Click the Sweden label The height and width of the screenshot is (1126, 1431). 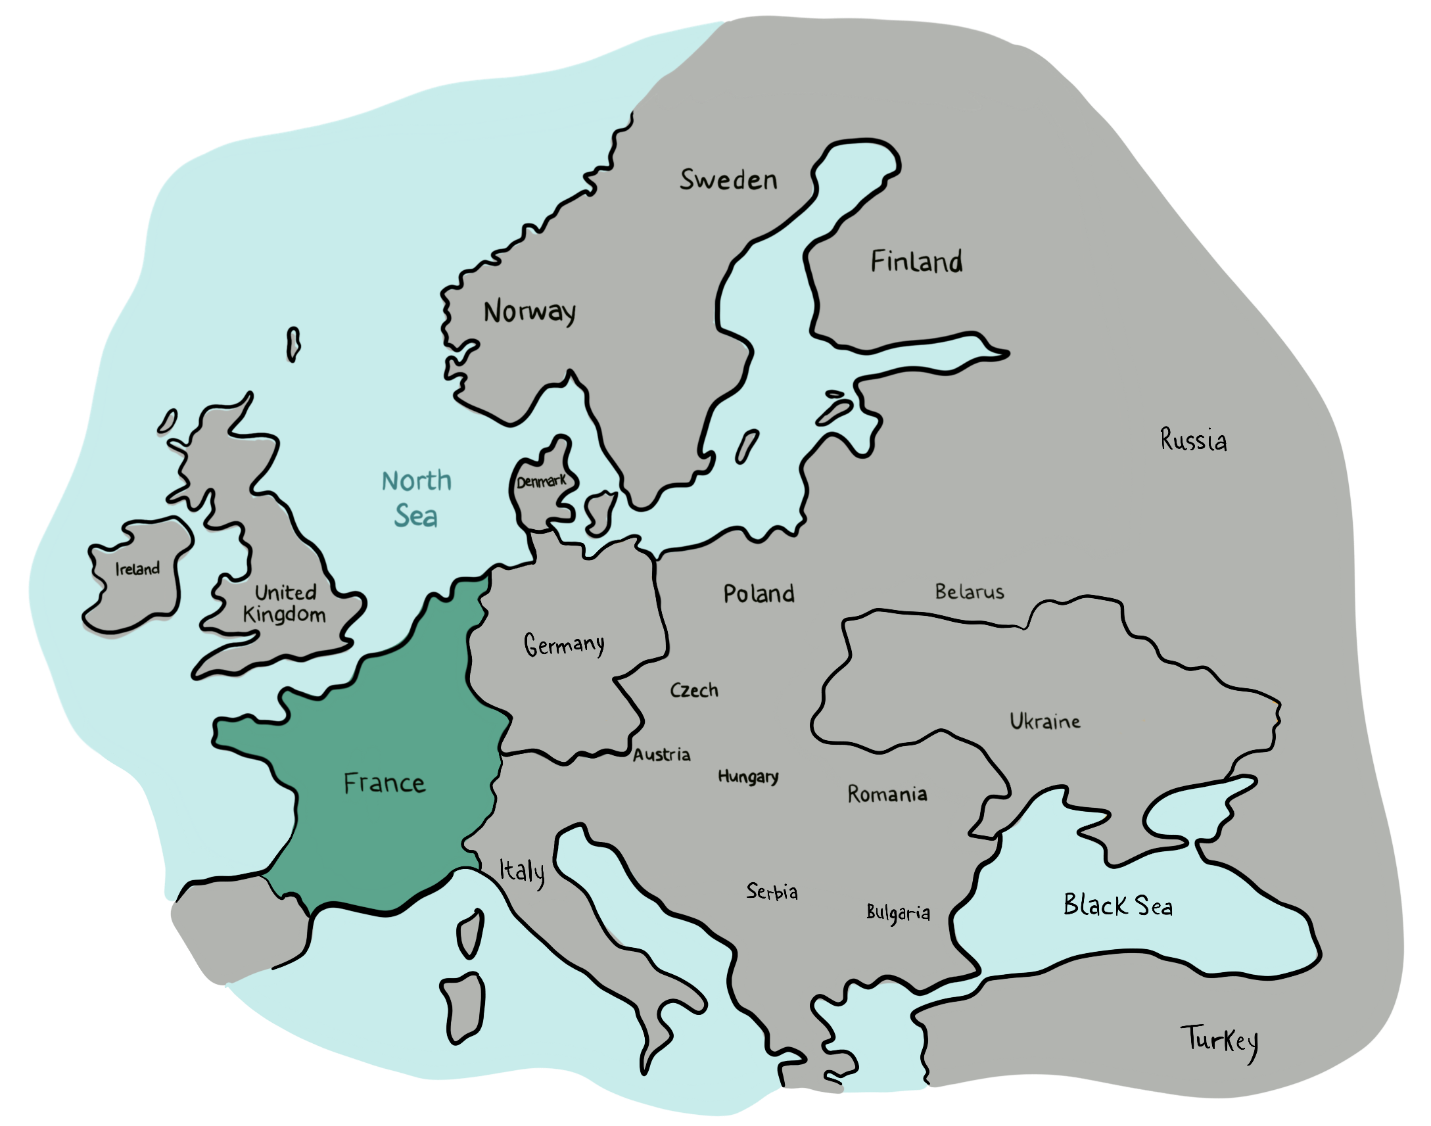coord(728,180)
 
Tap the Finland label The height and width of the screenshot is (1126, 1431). coord(916,262)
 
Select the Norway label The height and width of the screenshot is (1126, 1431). coord(530,312)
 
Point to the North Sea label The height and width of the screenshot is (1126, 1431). coord(417,499)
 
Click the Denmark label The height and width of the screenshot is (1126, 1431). coord(541,482)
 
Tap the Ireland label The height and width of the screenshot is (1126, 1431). coord(138,569)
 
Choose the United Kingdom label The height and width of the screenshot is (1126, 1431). coord(285,603)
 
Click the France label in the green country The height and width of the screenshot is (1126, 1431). coord(385,783)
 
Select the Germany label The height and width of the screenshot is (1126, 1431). coord(564,645)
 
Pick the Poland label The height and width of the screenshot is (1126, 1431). coord(759,594)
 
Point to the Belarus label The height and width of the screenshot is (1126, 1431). coord(970,592)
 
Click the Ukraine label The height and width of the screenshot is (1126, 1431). coord(1044,721)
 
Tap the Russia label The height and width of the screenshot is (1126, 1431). coord(1194,440)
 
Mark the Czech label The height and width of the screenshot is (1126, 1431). coord(694,690)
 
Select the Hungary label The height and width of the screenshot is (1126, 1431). coord(748,776)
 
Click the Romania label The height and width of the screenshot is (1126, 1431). coord(887,794)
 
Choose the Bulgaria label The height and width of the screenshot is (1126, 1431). coord(899,913)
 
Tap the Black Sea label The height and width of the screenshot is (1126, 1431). coord(1118,905)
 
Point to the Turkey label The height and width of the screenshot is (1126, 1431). coord(1219,1041)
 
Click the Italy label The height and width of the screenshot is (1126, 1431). coord(522,872)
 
